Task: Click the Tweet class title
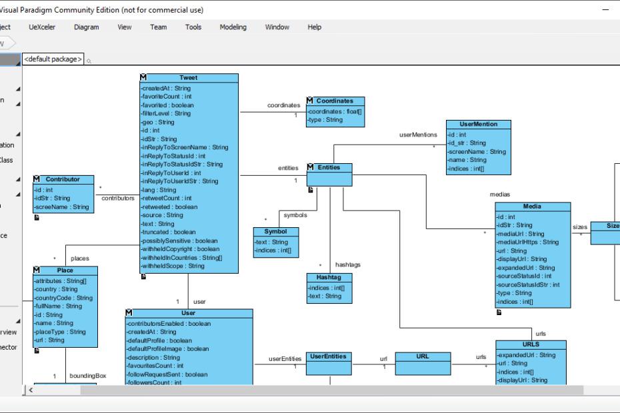188,78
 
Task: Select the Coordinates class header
335,101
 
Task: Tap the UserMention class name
479,124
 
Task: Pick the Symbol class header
275,231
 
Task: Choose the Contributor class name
63,179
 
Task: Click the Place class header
65,270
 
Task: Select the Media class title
532,206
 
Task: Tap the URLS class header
531,344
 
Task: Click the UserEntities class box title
329,356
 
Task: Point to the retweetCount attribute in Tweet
166,198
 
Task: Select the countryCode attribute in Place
63,298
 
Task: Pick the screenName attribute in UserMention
477,151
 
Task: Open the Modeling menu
233,27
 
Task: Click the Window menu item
277,27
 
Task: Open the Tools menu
193,27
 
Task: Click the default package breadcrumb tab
53,59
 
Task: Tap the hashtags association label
347,264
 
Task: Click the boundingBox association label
87,376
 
